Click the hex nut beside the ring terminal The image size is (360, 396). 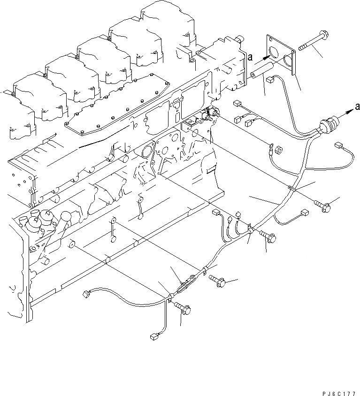[278, 151]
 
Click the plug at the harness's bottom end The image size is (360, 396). [153, 336]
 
